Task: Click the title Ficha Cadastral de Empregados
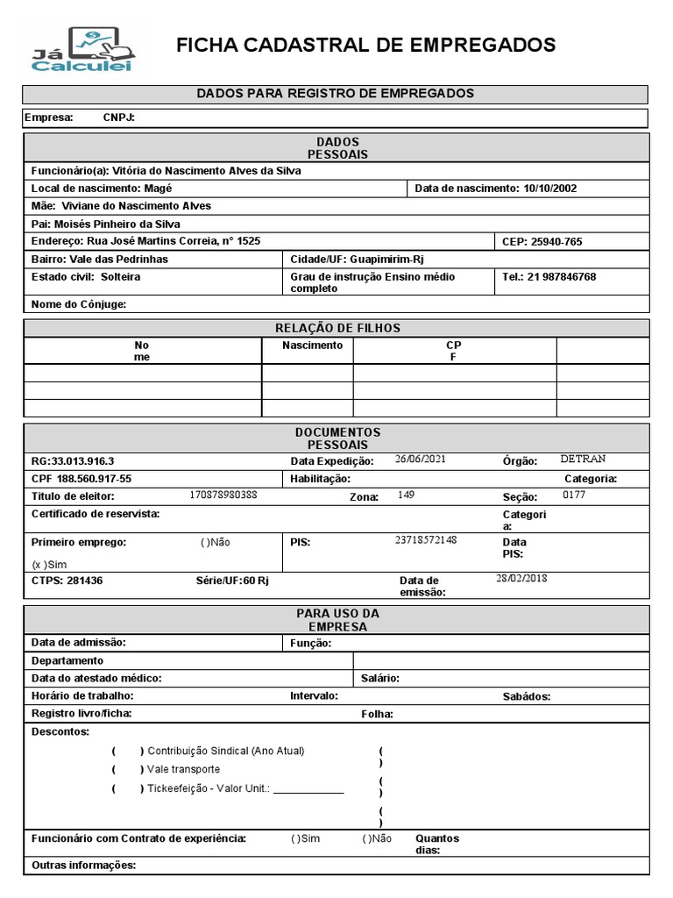click(x=365, y=46)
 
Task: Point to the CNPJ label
click(x=118, y=118)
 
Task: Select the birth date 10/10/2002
click(x=549, y=188)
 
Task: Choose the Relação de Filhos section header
click(x=337, y=328)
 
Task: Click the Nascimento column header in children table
click(x=312, y=346)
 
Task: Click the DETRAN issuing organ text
click(x=583, y=459)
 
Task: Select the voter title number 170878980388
click(x=223, y=495)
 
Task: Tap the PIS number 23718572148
click(x=426, y=539)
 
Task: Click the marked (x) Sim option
click(x=49, y=565)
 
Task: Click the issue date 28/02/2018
click(x=521, y=578)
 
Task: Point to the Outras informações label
click(x=83, y=866)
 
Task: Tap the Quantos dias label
click(x=436, y=844)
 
